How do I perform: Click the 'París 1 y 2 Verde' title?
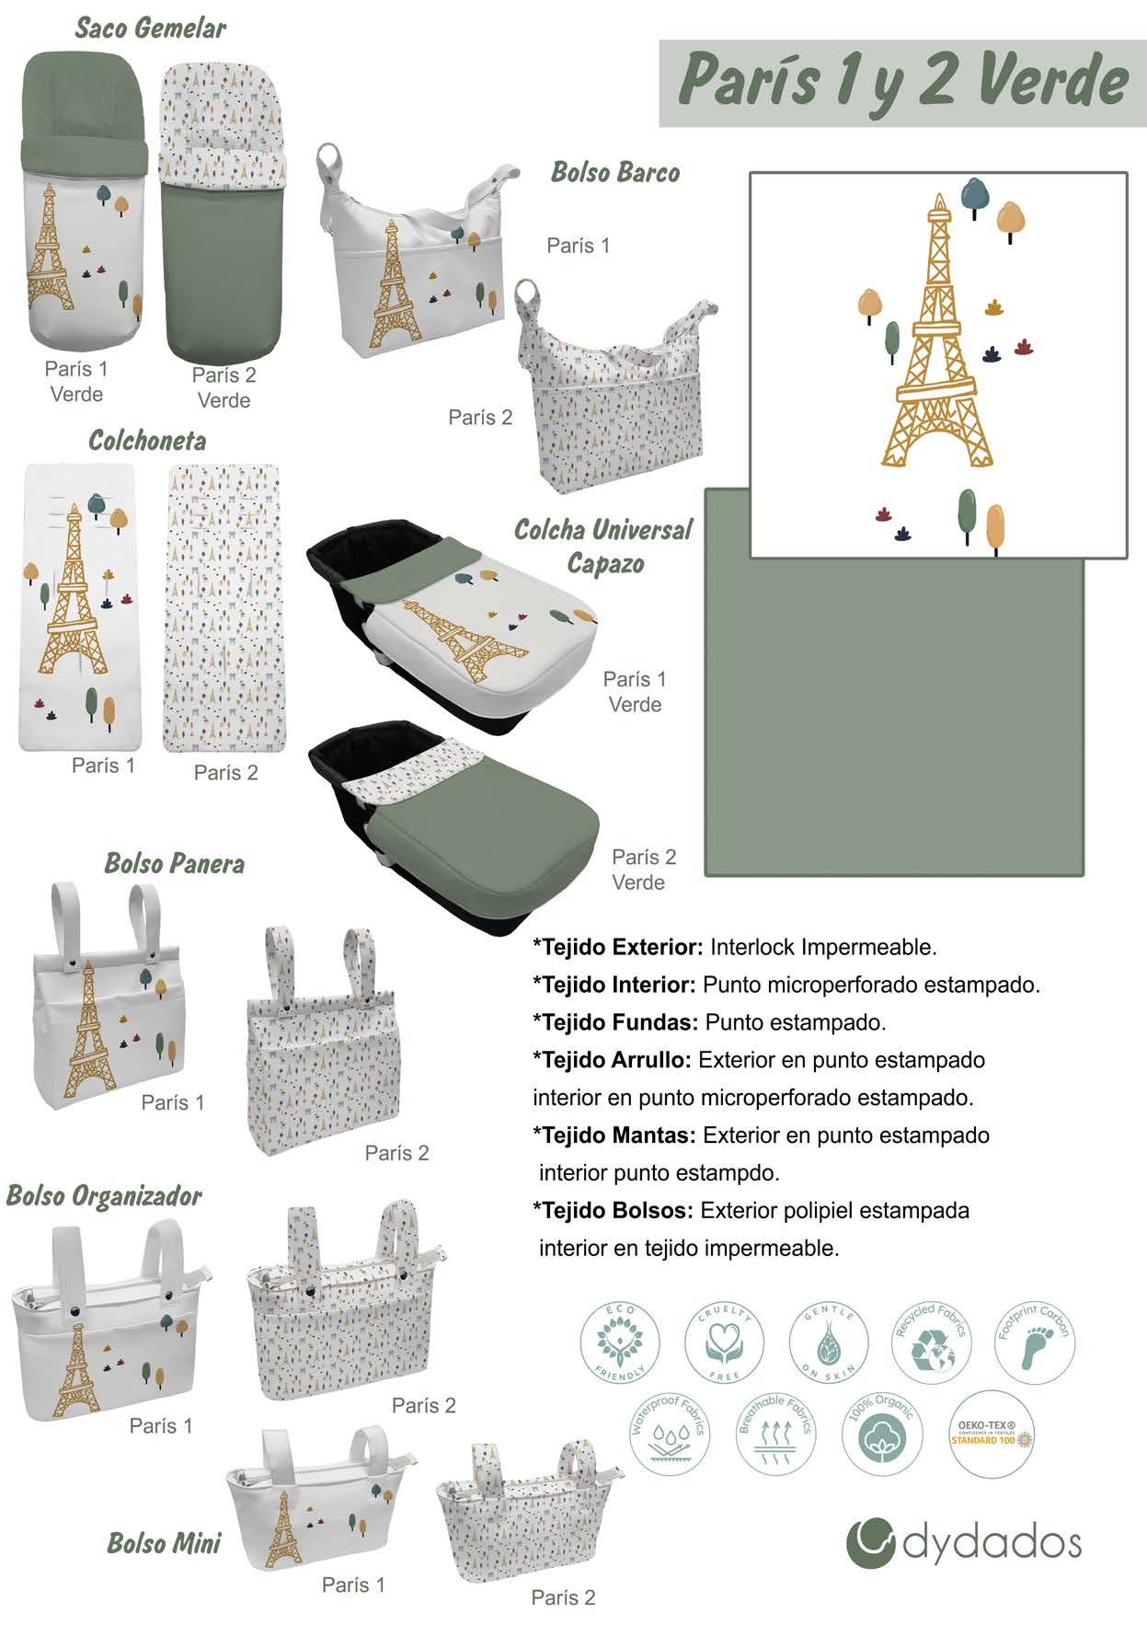click(x=902, y=81)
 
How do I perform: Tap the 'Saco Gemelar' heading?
click(x=150, y=28)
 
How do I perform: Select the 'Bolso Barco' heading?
click(x=614, y=172)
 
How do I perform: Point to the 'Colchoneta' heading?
click(x=146, y=440)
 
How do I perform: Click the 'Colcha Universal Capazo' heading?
click(x=602, y=546)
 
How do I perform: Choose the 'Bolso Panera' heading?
click(x=174, y=863)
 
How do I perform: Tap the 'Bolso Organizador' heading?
click(x=104, y=1195)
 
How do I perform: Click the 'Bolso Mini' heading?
click(x=164, y=1543)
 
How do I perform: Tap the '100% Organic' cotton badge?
click(x=880, y=1429)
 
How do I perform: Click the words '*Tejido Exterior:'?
click(x=617, y=947)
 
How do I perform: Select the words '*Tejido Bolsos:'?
click(x=613, y=1210)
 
